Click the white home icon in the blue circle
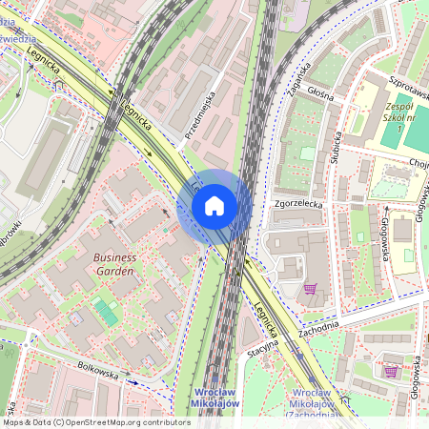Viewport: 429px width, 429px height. click(x=214, y=206)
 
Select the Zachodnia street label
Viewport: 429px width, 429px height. click(x=317, y=325)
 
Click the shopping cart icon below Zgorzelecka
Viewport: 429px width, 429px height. click(x=310, y=288)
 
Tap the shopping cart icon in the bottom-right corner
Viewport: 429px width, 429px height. click(x=391, y=370)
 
